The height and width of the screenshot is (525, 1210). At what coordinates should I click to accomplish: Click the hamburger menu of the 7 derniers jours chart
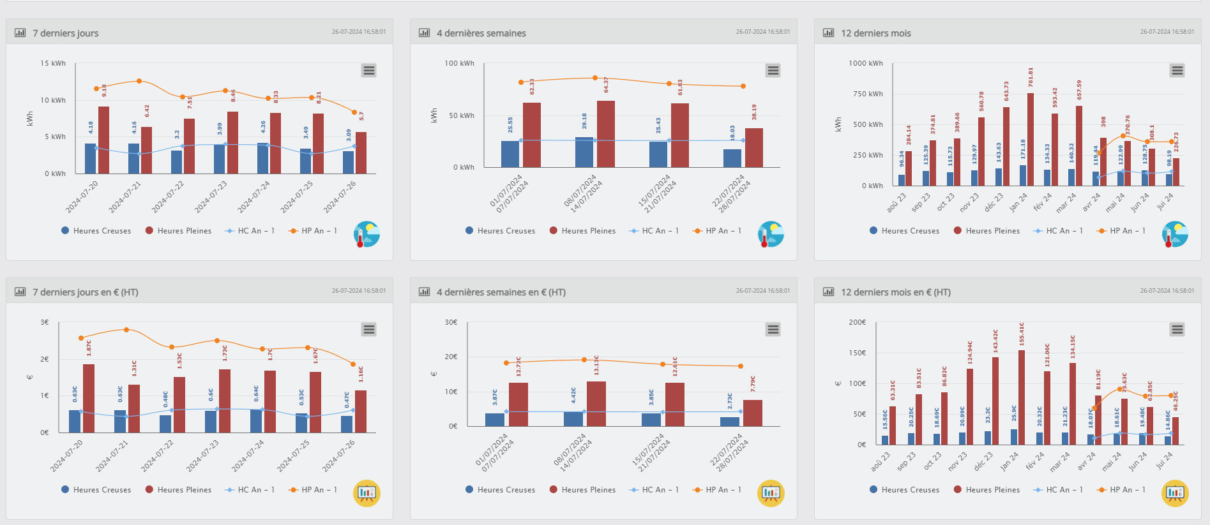click(368, 70)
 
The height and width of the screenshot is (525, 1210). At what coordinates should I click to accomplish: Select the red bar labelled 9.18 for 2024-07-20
click(103, 140)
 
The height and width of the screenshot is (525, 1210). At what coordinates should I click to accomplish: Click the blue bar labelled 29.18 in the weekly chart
click(584, 152)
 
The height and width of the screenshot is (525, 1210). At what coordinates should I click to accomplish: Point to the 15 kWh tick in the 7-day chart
click(53, 63)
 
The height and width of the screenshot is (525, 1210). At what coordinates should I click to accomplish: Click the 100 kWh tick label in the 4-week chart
click(459, 63)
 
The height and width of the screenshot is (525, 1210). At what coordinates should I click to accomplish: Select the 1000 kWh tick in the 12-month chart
click(865, 63)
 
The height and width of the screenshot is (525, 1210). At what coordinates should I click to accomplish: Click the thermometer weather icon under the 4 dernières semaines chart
click(771, 234)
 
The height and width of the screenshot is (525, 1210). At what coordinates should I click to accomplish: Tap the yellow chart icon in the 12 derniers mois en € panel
click(1175, 493)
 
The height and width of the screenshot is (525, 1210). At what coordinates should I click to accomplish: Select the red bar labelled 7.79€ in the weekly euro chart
click(753, 413)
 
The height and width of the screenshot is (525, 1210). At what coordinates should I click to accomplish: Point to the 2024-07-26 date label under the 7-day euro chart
click(339, 455)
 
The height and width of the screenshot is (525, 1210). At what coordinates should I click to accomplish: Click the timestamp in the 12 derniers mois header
click(1167, 31)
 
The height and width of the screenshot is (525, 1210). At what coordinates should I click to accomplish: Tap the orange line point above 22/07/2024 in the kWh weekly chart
click(743, 86)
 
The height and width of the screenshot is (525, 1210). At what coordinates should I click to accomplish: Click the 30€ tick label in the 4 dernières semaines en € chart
click(451, 322)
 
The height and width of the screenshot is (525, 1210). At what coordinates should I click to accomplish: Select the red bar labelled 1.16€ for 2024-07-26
click(361, 411)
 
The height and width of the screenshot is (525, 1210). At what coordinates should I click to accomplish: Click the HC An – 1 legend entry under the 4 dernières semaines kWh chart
click(654, 231)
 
